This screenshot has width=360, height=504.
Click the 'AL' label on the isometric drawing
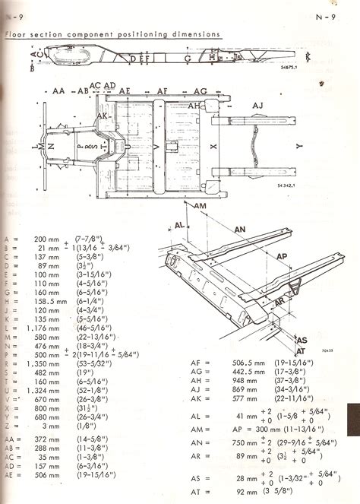coord(179,226)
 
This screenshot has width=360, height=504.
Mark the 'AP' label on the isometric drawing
coord(281,256)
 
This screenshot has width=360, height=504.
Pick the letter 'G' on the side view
coord(187,58)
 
